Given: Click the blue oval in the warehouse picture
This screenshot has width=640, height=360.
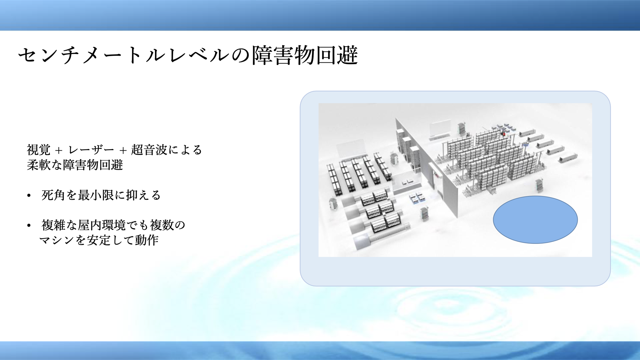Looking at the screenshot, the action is click(x=535, y=220).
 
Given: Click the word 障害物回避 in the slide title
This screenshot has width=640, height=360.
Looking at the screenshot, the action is click(x=305, y=55).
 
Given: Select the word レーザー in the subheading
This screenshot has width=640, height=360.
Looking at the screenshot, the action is click(x=91, y=150).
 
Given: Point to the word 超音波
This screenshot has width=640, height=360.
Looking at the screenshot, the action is click(x=149, y=150).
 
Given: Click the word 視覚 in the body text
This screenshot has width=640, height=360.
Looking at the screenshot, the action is click(x=39, y=150).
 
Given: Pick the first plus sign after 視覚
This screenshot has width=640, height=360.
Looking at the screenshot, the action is click(x=59, y=151).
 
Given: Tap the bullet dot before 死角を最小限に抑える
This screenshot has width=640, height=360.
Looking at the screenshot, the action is click(x=29, y=196).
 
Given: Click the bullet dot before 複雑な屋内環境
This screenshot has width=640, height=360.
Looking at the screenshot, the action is click(x=29, y=226).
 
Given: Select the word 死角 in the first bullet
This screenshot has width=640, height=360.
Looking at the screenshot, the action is click(x=53, y=195).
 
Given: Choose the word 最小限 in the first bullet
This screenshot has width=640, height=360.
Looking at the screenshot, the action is click(x=96, y=195).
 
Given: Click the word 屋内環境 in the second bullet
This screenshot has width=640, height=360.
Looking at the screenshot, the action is click(x=102, y=225).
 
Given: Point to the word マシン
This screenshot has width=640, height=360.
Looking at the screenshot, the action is click(x=57, y=240).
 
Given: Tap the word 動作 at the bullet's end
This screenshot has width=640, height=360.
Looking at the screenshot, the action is click(x=147, y=240).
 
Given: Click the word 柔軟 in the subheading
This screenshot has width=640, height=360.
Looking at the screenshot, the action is click(x=39, y=165).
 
